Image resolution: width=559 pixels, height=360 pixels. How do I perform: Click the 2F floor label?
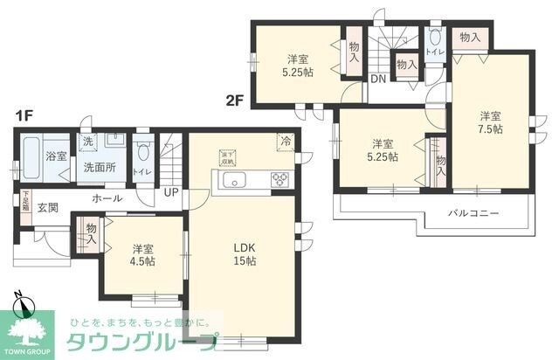pyautogui.click(x=233, y=100)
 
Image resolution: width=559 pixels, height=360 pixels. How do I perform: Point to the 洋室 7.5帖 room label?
pyautogui.click(x=490, y=121)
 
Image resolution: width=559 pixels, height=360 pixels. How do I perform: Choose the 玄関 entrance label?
pyautogui.click(x=48, y=208)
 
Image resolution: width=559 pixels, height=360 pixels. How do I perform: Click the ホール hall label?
pyautogui.click(x=107, y=199)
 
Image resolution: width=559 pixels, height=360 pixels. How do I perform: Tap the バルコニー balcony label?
pyautogui.click(x=473, y=212)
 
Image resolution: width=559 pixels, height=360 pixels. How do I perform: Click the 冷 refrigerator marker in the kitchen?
pyautogui.click(x=285, y=140)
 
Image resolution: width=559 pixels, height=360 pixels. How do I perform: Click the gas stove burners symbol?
pyautogui.click(x=281, y=180)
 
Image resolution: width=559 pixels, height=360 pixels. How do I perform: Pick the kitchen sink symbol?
pyautogui.click(x=237, y=181)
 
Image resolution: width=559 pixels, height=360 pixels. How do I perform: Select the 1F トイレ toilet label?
pyautogui.click(x=142, y=172)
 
